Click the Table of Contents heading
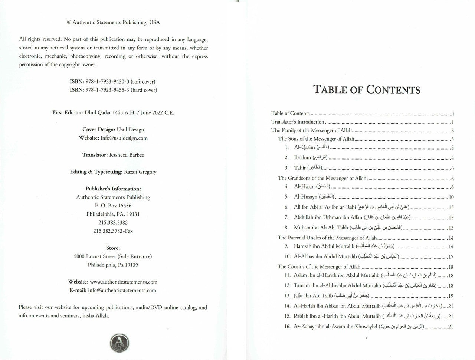pyautogui.click(x=367, y=90)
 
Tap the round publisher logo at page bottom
pyautogui.click(x=119, y=342)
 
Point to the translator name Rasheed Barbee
pyautogui.click(x=127, y=155)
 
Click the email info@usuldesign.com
pyautogui.click(x=124, y=138)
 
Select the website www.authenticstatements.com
pyautogui.click(x=124, y=282)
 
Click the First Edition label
pyautogui.click(x=68, y=113)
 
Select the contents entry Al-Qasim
pyautogui.click(x=304, y=148)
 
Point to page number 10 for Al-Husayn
pyautogui.click(x=451, y=197)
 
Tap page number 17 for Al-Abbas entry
pyautogui.click(x=451, y=257)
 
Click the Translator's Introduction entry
pyautogui.click(x=298, y=122)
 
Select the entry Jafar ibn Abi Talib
pyautogui.click(x=313, y=296)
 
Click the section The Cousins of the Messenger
pyautogui.click(x=319, y=267)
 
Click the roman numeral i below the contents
pyautogui.click(x=366, y=338)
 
